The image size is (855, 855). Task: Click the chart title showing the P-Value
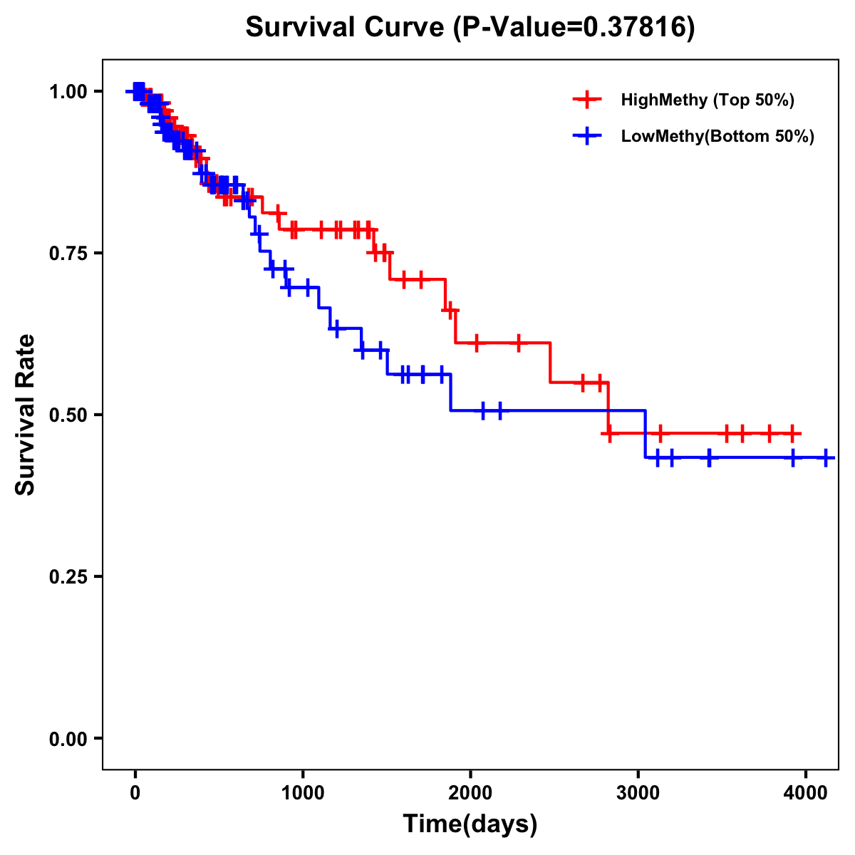470,27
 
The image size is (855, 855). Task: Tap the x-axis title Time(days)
470,824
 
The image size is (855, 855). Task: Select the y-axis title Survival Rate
26,414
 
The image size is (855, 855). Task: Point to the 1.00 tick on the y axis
68,91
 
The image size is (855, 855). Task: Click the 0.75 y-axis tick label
68,253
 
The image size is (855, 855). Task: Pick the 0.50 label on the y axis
68,415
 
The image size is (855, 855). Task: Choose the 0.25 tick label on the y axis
68,576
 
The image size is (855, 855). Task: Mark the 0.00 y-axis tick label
68,738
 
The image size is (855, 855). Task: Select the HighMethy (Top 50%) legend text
708,100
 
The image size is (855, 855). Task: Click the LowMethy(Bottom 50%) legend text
717,137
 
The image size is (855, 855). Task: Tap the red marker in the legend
587,100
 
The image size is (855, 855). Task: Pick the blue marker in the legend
587,137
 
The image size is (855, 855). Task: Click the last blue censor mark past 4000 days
825,457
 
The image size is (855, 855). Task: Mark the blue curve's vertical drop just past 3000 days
646,434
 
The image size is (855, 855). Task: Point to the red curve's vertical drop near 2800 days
608,408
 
